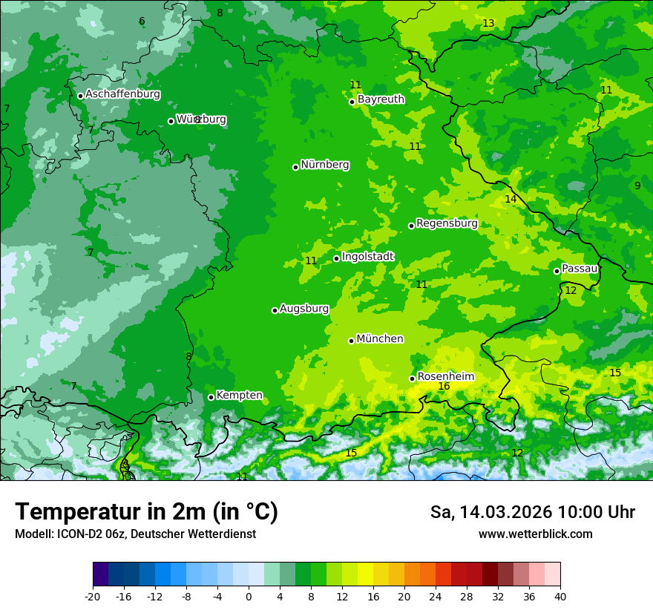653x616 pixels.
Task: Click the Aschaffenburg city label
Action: click(x=122, y=94)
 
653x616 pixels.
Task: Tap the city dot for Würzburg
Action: click(x=171, y=121)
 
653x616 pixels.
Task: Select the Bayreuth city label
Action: click(x=381, y=99)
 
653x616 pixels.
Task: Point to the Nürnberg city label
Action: click(x=324, y=165)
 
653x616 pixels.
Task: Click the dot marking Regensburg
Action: click(x=411, y=226)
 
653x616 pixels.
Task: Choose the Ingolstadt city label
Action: click(x=367, y=257)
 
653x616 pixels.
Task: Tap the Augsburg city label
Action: click(x=303, y=308)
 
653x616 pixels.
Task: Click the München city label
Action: click(x=379, y=338)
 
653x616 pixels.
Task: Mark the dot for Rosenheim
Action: click(x=412, y=379)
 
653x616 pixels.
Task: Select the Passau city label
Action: click(x=579, y=269)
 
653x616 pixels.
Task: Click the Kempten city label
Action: click(x=239, y=395)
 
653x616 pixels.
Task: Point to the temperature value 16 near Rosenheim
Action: click(x=444, y=386)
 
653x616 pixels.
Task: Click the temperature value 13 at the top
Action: click(x=488, y=24)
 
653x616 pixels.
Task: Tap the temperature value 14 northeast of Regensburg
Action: click(x=511, y=199)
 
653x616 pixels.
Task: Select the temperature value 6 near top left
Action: click(x=142, y=21)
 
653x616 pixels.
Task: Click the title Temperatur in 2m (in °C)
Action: click(x=146, y=511)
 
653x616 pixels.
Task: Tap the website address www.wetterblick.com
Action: click(x=535, y=534)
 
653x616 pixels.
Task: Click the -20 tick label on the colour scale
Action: click(x=92, y=596)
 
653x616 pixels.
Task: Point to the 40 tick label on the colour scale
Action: click(x=560, y=596)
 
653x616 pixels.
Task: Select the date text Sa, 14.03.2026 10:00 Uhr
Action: click(x=532, y=512)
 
